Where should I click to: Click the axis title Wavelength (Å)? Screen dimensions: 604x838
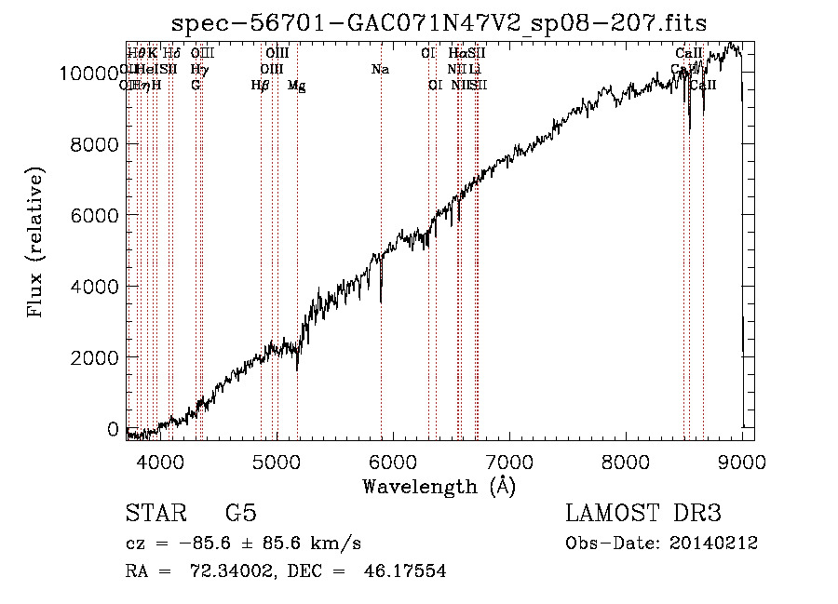point(439,486)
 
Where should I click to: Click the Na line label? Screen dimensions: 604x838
point(380,69)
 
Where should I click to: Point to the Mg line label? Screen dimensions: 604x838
point(297,86)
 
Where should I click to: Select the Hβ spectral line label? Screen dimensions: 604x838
point(261,85)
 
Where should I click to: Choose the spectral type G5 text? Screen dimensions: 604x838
point(241,514)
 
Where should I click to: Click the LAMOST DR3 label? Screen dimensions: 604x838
point(642,514)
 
